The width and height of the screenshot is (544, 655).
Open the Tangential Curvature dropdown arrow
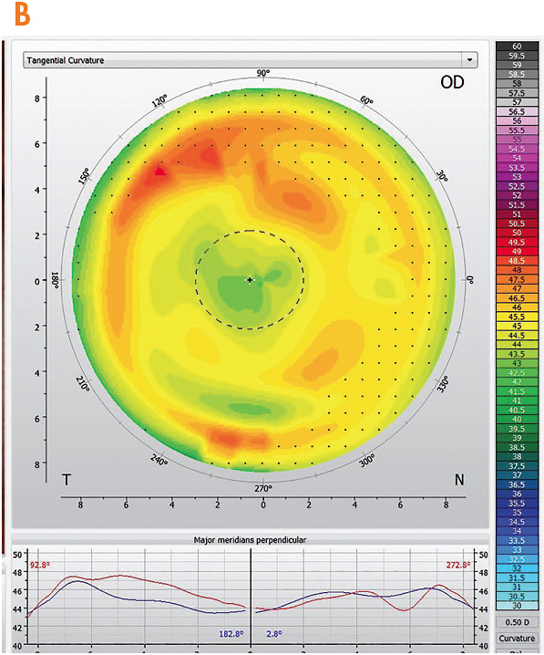[x=469, y=60]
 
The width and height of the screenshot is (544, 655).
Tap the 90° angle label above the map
[x=263, y=74]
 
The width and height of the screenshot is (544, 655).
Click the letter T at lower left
[x=67, y=479]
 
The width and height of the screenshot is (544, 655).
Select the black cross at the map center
[x=249, y=280]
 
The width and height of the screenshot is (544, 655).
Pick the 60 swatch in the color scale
[x=517, y=46]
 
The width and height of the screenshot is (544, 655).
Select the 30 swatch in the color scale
[x=517, y=605]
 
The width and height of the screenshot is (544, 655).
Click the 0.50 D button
[x=517, y=622]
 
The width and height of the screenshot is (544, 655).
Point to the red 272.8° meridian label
[x=457, y=566]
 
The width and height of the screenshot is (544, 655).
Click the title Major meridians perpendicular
[x=250, y=539]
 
